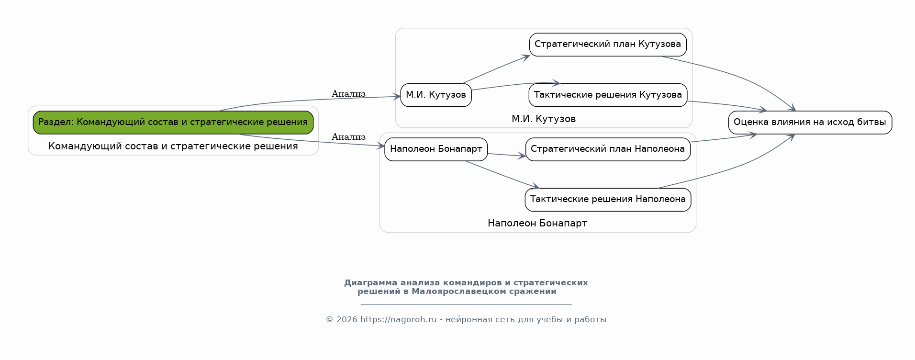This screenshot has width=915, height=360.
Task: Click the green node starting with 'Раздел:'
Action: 173,123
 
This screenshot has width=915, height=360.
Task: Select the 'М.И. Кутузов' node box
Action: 436,95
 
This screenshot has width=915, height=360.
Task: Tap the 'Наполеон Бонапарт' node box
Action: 436,149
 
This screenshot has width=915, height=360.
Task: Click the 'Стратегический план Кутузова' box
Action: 608,45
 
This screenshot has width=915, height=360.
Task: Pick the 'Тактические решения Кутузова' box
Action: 608,95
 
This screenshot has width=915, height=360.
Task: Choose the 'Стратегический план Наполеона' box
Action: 608,149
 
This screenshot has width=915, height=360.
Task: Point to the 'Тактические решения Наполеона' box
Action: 608,200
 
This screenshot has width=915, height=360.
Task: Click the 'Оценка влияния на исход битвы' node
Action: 810,123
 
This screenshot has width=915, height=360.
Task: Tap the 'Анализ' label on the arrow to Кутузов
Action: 348,94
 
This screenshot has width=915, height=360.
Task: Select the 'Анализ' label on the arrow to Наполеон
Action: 348,137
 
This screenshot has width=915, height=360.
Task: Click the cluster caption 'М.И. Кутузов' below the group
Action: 544,119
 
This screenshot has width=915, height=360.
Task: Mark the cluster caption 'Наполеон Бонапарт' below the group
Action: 537,223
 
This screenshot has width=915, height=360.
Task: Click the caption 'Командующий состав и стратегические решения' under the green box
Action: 173,146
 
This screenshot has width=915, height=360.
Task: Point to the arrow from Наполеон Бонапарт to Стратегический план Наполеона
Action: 506,155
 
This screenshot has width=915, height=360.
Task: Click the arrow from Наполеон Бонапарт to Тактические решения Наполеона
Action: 502,175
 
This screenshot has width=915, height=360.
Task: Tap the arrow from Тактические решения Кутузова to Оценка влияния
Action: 727,105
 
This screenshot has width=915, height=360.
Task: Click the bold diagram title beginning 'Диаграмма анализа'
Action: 466,287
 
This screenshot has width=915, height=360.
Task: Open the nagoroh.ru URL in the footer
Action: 399,319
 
